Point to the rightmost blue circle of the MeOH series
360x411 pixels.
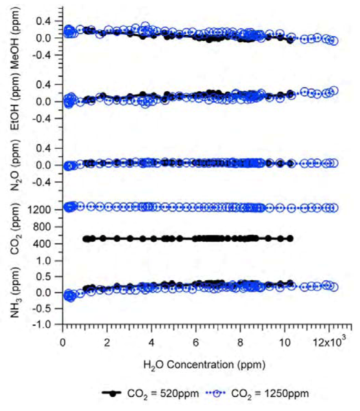click(x=334, y=40)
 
